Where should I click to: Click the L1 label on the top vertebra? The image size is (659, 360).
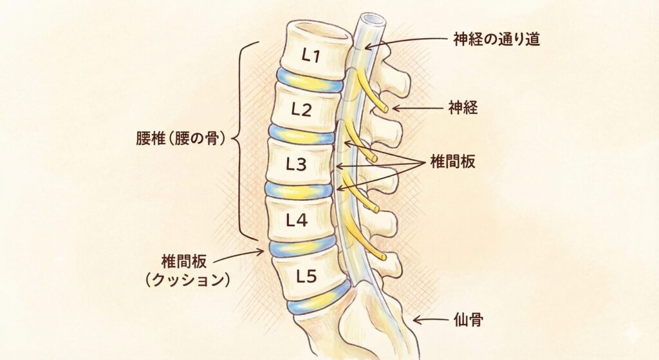point(311,56)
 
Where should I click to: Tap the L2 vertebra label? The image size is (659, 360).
point(301,109)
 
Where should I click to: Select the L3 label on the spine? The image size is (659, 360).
point(296,164)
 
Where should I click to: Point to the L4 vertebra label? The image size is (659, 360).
point(297,221)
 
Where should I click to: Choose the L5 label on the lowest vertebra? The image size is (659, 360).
point(306,277)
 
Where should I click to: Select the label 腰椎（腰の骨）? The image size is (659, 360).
point(180,140)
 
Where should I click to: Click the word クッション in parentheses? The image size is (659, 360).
point(186,281)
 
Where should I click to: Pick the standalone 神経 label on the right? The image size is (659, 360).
point(463,108)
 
